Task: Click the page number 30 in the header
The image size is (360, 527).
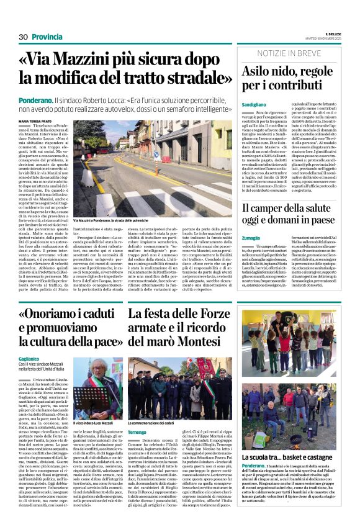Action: [x=23, y=37]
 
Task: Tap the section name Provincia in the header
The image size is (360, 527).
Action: [x=47, y=37]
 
